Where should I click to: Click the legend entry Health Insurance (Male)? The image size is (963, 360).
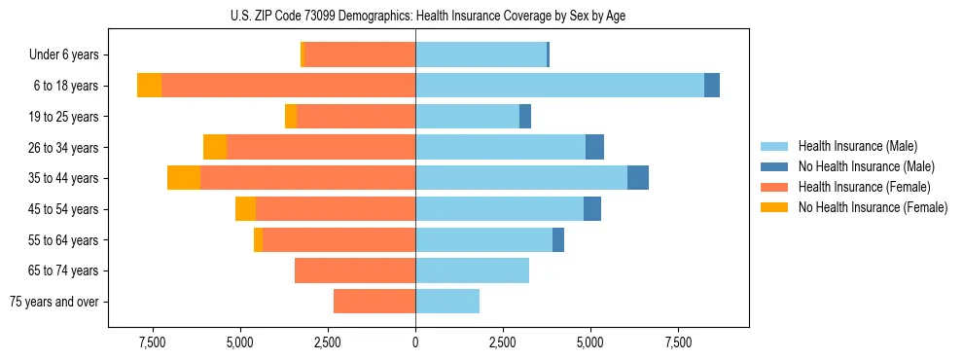pos(856,146)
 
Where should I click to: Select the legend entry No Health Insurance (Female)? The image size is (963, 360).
pos(873,207)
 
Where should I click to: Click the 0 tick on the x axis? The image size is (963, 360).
pos(415,342)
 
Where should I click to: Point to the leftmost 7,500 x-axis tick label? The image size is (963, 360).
pos(152,342)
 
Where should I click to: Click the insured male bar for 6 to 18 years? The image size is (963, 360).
pos(559,86)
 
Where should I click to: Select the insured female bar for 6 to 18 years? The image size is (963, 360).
pos(288,86)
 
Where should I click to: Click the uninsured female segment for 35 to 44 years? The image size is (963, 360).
pos(184,178)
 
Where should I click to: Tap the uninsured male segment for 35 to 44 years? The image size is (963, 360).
pos(638,178)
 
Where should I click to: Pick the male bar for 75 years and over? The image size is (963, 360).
pos(447,302)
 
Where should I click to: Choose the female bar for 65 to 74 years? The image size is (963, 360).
pos(355,270)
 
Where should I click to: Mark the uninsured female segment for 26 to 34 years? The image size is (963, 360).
pos(215,147)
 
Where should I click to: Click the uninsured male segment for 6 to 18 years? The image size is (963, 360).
pos(712,86)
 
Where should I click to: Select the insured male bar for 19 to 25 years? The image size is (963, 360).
pos(467,117)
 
